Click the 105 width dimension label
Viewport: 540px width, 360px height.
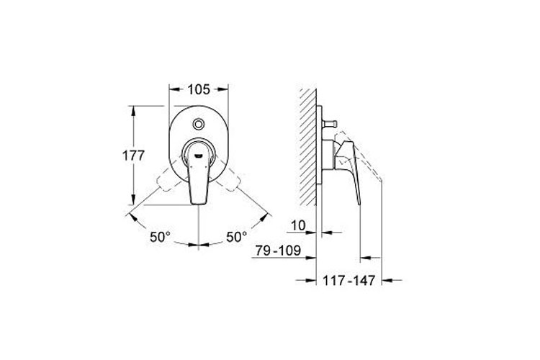pyautogui.click(x=199, y=89)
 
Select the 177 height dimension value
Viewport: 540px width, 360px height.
pyautogui.click(x=133, y=156)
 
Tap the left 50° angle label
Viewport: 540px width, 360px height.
pyautogui.click(x=160, y=237)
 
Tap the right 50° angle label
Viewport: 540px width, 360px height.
pyautogui.click(x=237, y=237)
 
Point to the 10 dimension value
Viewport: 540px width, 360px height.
pyautogui.click(x=298, y=225)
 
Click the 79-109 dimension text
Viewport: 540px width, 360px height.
pyautogui.click(x=278, y=251)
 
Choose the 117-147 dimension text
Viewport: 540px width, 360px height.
pyautogui.click(x=348, y=280)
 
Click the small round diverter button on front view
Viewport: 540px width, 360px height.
pyautogui.click(x=199, y=124)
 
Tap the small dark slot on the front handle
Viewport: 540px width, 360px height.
pyautogui.click(x=199, y=156)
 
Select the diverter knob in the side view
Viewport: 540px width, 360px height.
pyautogui.click(x=330, y=123)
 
